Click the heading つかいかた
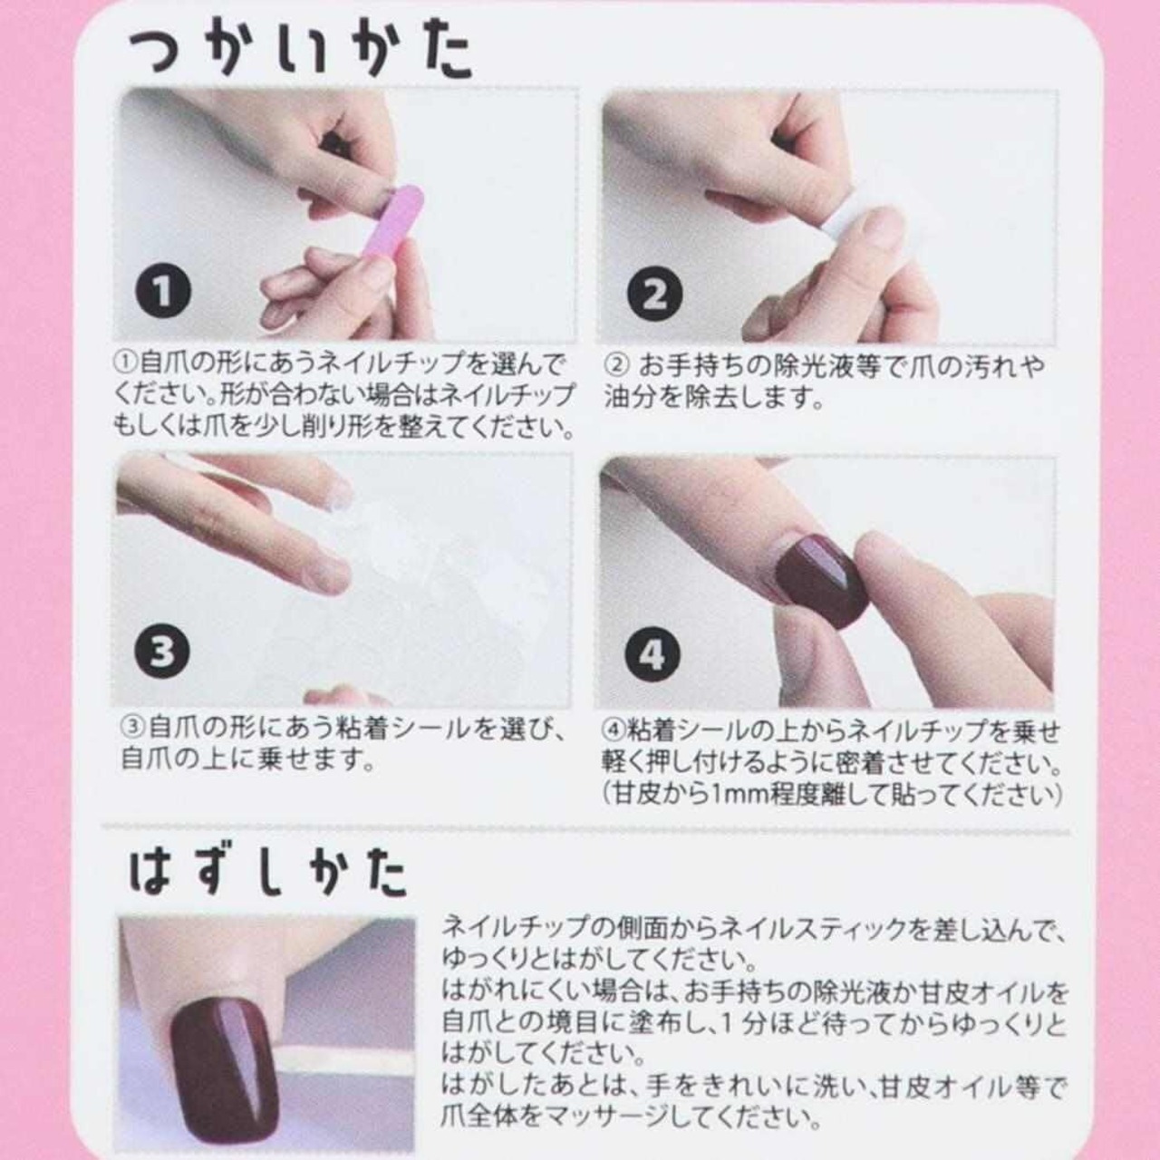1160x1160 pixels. (x=300, y=54)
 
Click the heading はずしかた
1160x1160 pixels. (x=269, y=875)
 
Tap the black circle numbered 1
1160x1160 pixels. (x=162, y=295)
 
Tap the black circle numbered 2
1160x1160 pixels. (x=655, y=295)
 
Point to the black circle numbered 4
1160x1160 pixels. (x=653, y=653)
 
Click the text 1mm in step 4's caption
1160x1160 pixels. (x=738, y=795)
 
